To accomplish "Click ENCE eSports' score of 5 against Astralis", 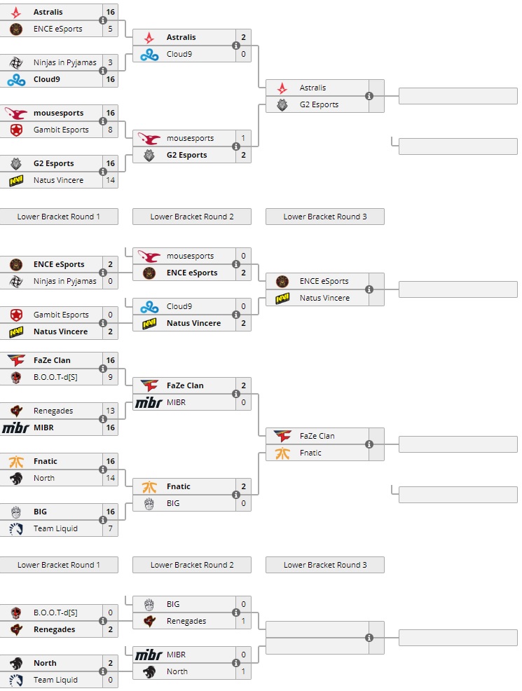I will [110, 29].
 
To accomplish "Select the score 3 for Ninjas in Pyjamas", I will [110, 62].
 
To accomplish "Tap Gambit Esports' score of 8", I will [110, 130].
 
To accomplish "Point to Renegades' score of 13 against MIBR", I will [110, 411].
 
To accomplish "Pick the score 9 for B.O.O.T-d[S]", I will [110, 377].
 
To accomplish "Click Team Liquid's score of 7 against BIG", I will [110, 528].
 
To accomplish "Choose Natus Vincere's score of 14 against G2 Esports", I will [110, 180].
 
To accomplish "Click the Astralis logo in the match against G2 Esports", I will [282, 88].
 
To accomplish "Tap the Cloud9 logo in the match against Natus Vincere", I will [149, 306].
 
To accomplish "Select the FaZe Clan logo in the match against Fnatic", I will [282, 436].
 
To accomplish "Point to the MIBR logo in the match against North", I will [149, 655].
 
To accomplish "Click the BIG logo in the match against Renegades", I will [149, 604].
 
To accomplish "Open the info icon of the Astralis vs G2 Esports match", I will [369, 96].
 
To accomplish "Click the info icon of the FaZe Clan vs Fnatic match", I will [369, 444].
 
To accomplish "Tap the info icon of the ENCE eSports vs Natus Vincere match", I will [369, 289].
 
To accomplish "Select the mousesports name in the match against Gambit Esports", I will [58, 113].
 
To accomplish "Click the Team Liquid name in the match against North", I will [55, 680].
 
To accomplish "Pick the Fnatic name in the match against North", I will [46, 461].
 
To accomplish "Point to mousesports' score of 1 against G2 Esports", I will [243, 138].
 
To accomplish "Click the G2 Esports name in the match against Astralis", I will [319, 104].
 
